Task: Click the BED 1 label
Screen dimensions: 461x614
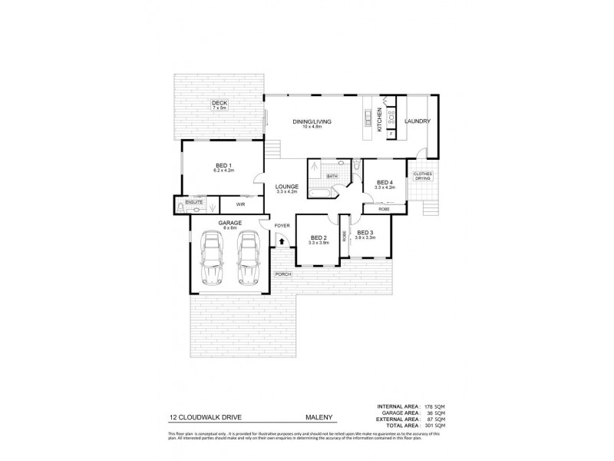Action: (224, 165)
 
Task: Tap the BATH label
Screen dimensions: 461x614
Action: (332, 177)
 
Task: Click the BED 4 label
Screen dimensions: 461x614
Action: (385, 183)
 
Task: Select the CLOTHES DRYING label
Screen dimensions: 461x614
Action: (423, 176)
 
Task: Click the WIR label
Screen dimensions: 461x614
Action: (240, 205)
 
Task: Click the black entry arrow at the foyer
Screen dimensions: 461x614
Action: (282, 241)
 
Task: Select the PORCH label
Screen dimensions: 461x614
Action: (282, 274)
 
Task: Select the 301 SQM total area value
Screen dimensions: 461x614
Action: (435, 425)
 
